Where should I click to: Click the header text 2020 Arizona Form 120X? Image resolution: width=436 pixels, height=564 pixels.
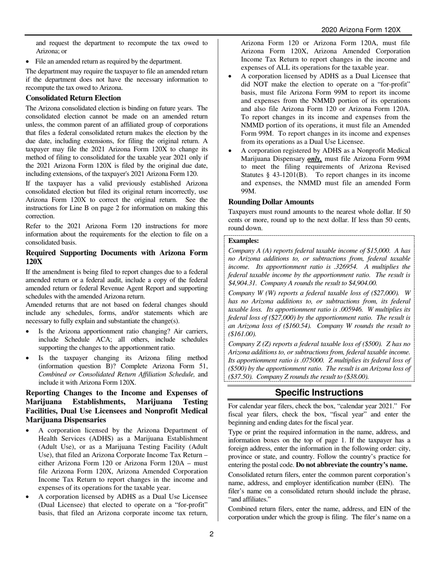click(x=361, y=30)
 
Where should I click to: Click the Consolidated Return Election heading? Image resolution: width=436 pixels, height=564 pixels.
click(x=73, y=98)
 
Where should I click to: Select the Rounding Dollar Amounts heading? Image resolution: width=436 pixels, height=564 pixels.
click(x=271, y=202)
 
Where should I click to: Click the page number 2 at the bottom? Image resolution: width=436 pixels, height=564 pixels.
click(x=212, y=534)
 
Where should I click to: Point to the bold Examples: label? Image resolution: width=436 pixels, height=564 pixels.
click(x=243, y=241)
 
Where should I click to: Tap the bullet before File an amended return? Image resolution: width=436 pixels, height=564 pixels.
click(x=28, y=62)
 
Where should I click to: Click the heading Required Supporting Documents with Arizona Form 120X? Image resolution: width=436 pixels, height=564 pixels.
click(x=116, y=257)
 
